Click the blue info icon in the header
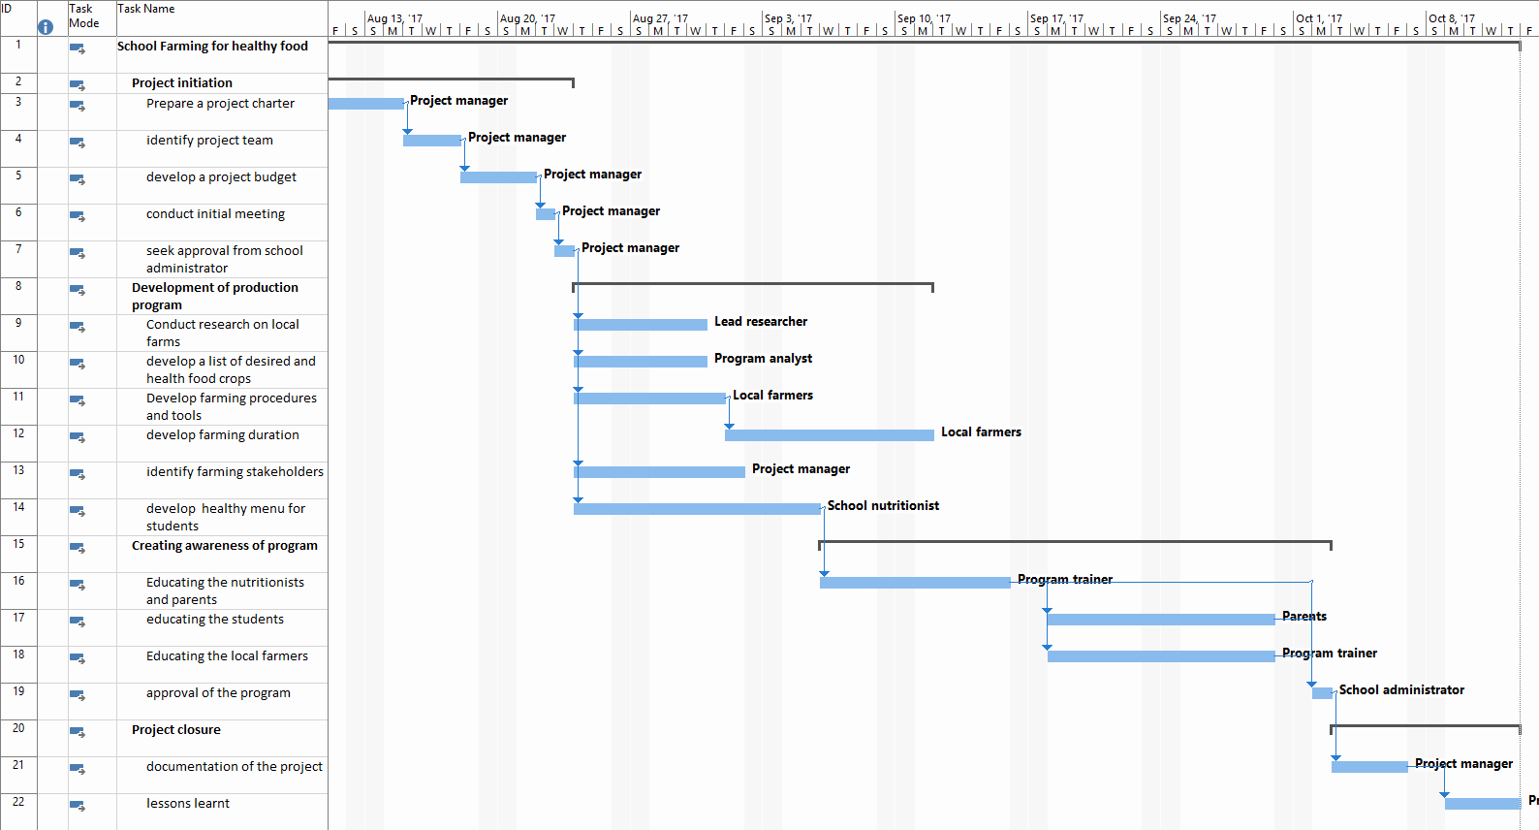point(46,27)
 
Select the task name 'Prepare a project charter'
point(220,104)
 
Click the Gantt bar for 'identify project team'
point(432,141)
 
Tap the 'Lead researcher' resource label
point(760,322)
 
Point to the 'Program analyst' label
point(763,359)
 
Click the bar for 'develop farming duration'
point(829,435)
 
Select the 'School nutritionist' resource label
point(882,506)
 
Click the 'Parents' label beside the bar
point(1303,617)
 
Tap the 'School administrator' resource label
point(1400,690)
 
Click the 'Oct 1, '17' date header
point(1319,18)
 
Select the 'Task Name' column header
point(146,9)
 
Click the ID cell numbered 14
point(18,507)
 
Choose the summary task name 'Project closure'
point(176,730)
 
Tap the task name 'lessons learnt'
point(188,804)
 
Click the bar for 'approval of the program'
point(1322,693)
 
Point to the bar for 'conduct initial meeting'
point(546,214)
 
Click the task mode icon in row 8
point(77,290)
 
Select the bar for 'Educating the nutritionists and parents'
point(915,583)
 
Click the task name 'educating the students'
point(215,620)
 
